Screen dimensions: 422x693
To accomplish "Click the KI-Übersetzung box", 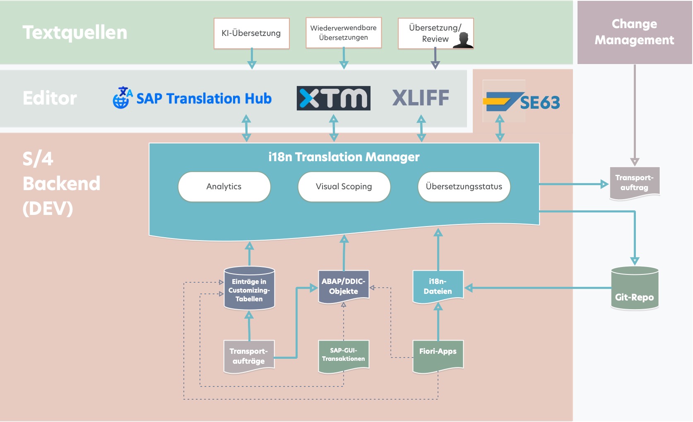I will (251, 33).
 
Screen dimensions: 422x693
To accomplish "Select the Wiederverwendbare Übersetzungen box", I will (343, 33).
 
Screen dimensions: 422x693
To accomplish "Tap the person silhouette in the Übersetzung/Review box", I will (463, 40).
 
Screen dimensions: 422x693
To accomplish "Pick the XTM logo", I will (333, 98).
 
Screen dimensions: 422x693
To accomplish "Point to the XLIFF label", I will (421, 98).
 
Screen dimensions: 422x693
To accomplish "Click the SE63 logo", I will (522, 102).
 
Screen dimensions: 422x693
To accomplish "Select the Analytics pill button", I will (224, 187).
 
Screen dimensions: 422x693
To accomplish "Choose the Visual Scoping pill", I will (344, 187).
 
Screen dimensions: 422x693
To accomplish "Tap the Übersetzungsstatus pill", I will (464, 187).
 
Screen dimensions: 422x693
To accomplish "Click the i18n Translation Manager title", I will (344, 157).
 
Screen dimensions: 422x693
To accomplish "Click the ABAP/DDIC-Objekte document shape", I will (343, 286).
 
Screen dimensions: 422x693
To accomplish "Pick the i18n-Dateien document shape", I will (438, 286).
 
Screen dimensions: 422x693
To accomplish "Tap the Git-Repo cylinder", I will (634, 289).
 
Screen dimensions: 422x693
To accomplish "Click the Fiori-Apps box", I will (438, 355).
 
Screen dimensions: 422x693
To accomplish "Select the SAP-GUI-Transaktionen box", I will (343, 355).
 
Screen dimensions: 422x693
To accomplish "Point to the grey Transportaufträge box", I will (248, 356).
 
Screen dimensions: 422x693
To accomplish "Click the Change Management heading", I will (634, 32).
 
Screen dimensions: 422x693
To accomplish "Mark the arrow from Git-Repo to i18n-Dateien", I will (538, 288).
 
